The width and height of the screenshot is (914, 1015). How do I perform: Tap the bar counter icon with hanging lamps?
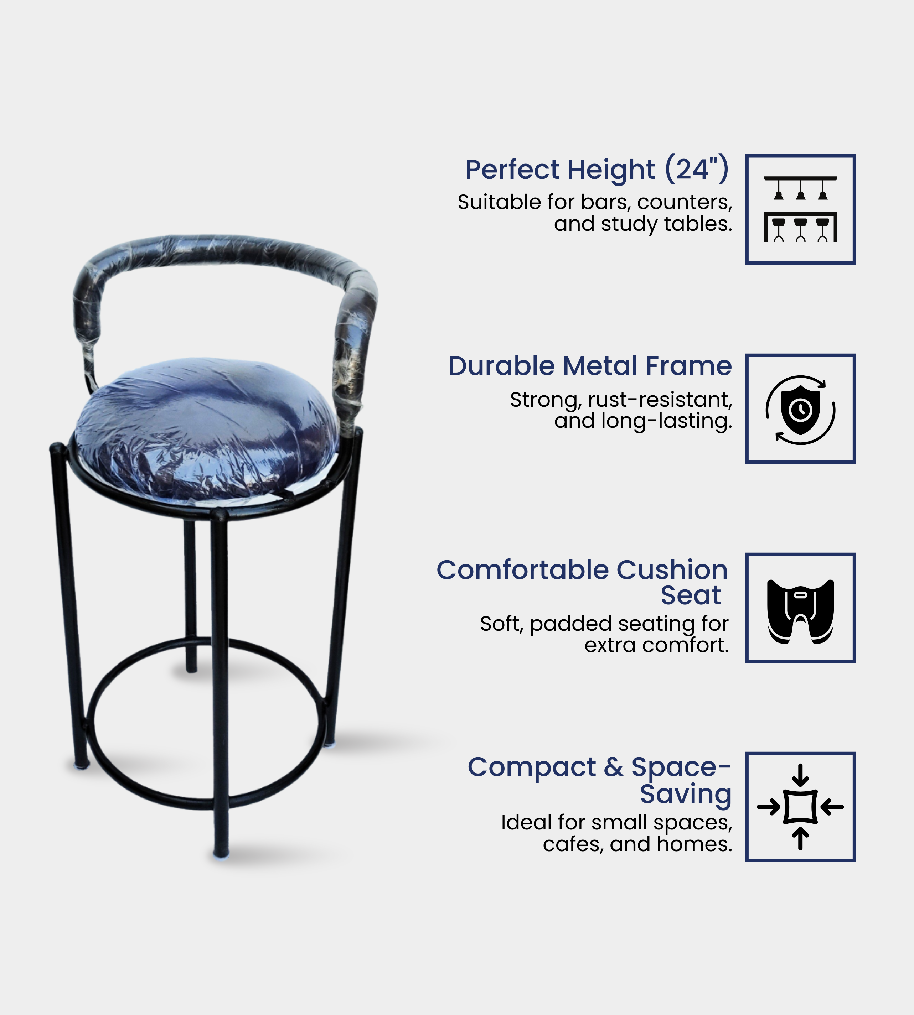800,209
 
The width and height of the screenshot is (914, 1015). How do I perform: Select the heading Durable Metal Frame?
590,366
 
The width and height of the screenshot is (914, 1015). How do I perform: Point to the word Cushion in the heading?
672,570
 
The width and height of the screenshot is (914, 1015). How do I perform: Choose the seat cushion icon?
800,612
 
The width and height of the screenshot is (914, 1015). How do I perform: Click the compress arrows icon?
800,807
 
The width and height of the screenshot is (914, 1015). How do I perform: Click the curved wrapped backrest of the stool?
226,261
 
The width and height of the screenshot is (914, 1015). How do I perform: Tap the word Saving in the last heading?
686,794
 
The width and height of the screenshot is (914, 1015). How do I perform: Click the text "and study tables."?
643,224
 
